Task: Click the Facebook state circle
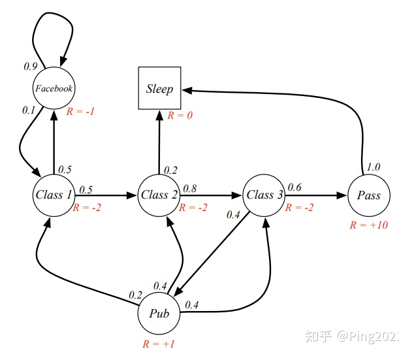pos(54,88)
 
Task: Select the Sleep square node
pos(159,88)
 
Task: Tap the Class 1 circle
pos(54,195)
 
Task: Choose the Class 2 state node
pos(159,195)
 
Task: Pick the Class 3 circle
pos(264,195)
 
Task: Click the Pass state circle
pos(368,195)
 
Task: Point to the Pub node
pos(159,314)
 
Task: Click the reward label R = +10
pos(368,225)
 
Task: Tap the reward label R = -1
pos(81,111)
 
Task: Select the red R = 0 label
pos(180,115)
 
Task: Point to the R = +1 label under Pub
pos(159,344)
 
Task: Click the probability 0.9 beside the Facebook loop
pos(30,67)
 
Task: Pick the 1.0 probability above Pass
pos(372,167)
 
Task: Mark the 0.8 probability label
pos(190,188)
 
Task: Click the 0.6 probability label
pos(295,188)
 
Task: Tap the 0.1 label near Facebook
pos(28,110)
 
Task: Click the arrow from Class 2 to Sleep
pos(159,140)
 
